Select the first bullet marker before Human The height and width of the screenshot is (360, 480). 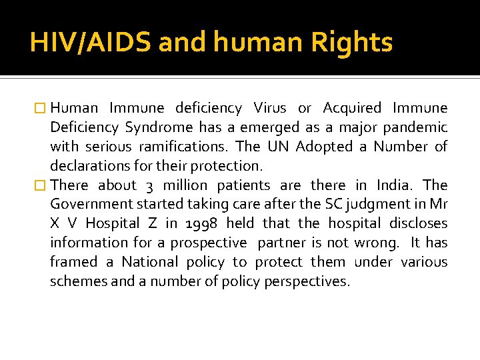41,108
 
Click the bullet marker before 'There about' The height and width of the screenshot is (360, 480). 41,185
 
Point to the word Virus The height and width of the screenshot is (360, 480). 269,108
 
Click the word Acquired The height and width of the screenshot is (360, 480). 352,108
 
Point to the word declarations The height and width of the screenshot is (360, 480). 90,165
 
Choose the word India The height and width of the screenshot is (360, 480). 395,185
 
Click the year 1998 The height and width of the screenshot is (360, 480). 198,223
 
